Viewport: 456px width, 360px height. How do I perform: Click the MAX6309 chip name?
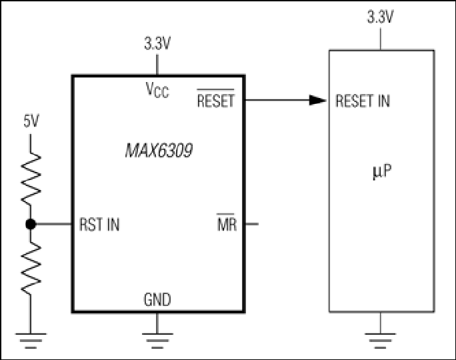(x=159, y=151)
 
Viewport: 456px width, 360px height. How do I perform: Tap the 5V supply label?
(x=31, y=121)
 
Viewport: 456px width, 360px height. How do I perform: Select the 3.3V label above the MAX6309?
(x=157, y=43)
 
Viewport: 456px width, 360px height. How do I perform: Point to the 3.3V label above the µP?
(x=381, y=17)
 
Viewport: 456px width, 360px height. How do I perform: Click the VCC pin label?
(x=157, y=90)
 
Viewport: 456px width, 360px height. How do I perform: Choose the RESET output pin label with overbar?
(x=215, y=99)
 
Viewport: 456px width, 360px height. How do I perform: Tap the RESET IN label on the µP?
(x=363, y=101)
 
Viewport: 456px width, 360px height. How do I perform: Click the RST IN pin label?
(x=99, y=225)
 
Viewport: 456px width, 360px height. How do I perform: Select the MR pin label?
(x=227, y=223)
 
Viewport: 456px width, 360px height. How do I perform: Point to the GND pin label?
(x=157, y=299)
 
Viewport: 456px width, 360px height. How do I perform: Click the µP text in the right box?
(x=382, y=171)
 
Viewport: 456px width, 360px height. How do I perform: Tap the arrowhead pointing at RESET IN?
(x=317, y=100)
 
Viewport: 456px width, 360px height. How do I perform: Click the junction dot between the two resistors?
(x=31, y=224)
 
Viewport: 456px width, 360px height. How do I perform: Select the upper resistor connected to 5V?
(x=31, y=178)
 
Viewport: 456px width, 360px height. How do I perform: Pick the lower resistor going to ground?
(x=31, y=268)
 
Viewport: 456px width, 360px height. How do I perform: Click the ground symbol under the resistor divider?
(x=31, y=341)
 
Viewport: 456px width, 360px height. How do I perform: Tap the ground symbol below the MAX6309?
(x=157, y=341)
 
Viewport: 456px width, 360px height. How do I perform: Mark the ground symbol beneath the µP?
(x=381, y=341)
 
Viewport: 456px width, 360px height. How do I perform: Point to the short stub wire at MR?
(x=252, y=224)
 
